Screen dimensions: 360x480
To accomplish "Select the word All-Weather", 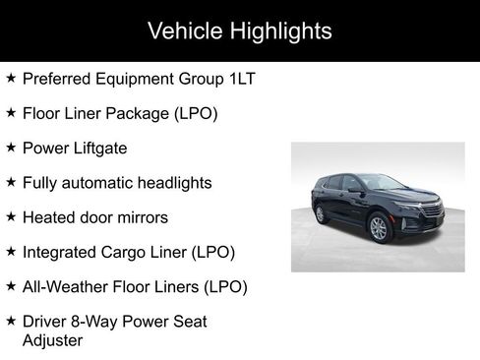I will pyautogui.click(x=63, y=286).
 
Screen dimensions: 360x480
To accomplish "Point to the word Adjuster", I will pyautogui.click(x=52, y=340).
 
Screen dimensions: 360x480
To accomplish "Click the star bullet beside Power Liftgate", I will pyautogui.click(x=10, y=148).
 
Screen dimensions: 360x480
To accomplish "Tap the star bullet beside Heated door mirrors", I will pyautogui.click(x=10, y=217).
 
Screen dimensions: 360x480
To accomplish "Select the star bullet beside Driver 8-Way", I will pyautogui.click(x=10, y=322).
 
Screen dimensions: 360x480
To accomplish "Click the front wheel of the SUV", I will pyautogui.click(x=379, y=229).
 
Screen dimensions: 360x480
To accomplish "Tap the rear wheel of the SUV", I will pyautogui.click(x=320, y=214).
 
